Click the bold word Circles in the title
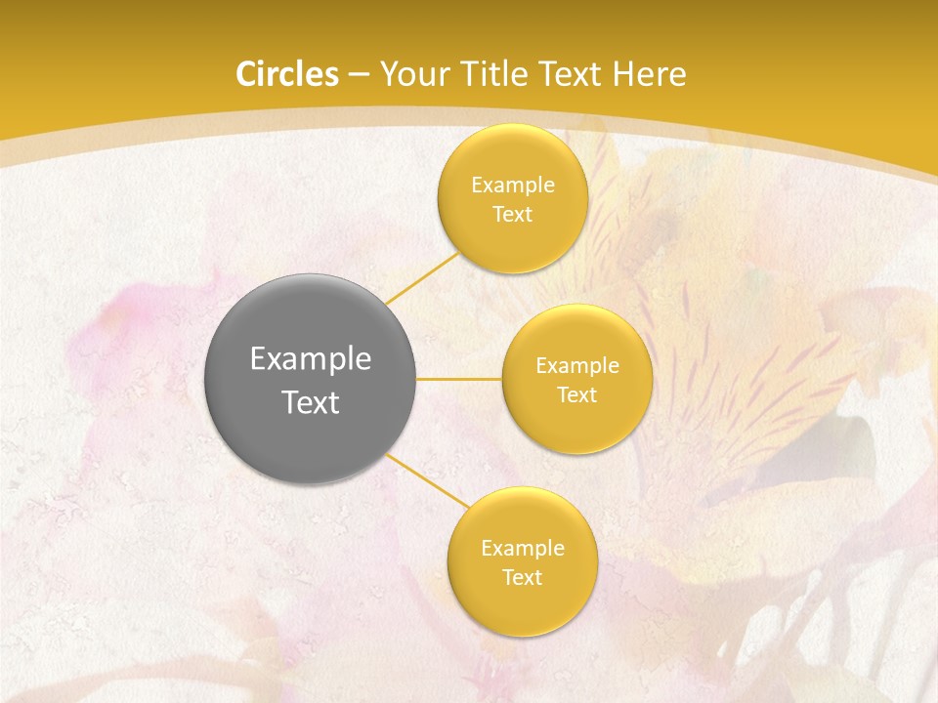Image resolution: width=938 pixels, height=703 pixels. tap(287, 74)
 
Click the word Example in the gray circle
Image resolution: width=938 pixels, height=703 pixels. tap(311, 359)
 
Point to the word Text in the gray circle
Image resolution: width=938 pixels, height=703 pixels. tap(311, 402)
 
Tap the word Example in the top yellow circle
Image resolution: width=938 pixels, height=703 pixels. tap(513, 186)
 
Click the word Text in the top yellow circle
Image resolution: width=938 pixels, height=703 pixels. tap(512, 215)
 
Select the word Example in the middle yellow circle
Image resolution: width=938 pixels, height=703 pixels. tap(577, 366)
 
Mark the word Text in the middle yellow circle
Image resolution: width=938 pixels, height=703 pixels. tap(577, 395)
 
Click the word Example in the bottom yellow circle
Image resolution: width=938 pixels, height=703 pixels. tap(523, 549)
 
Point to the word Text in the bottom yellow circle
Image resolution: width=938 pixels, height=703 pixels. tap(523, 578)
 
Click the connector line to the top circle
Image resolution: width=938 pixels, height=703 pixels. tap(422, 277)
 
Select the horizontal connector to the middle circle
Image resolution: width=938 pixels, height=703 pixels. tap(459, 379)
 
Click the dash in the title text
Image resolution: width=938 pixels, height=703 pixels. tap(359, 75)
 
